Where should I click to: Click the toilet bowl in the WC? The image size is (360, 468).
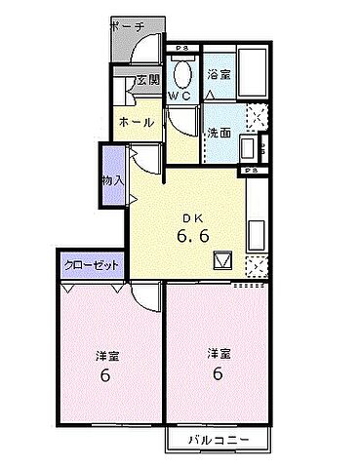coord(182,73)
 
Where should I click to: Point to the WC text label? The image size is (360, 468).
coord(180,96)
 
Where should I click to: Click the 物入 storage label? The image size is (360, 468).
coord(113,179)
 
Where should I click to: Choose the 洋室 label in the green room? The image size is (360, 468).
coord(219,352)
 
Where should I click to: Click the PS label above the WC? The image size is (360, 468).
coord(181,48)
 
